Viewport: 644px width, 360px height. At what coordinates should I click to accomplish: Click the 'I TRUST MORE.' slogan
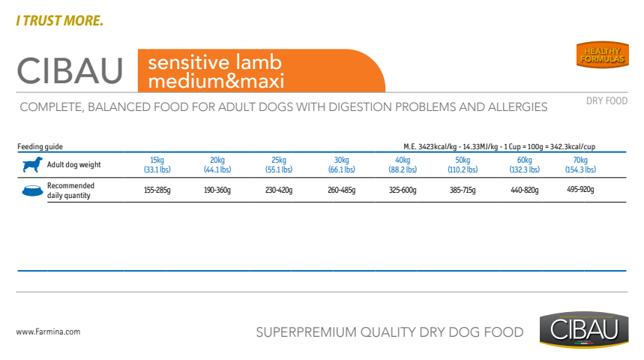pyautogui.click(x=59, y=20)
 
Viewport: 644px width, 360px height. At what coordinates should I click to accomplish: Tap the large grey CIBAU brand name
pyautogui.click(x=70, y=70)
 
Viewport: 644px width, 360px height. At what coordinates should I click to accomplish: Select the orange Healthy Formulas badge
pyautogui.click(x=602, y=55)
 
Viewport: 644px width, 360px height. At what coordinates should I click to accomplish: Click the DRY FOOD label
pyautogui.click(x=607, y=100)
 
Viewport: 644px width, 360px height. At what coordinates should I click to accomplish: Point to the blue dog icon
pyautogui.click(x=32, y=164)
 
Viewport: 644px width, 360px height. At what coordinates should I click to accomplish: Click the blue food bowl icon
pyautogui.click(x=32, y=190)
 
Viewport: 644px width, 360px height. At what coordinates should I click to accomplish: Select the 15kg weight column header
pyautogui.click(x=157, y=164)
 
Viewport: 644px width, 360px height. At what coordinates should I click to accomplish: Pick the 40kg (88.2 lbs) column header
pyautogui.click(x=403, y=164)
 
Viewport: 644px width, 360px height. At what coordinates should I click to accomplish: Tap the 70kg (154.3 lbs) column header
pyautogui.click(x=580, y=164)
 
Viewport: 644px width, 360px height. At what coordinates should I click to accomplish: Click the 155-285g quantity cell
pyautogui.click(x=157, y=190)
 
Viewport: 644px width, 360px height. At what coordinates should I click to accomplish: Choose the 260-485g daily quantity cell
pyautogui.click(x=341, y=190)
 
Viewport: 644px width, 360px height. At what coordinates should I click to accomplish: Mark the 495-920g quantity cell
pyautogui.click(x=580, y=189)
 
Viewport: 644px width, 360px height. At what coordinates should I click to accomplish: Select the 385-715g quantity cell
pyautogui.click(x=463, y=190)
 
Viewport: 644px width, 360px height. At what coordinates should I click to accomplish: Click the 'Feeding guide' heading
pyautogui.click(x=40, y=146)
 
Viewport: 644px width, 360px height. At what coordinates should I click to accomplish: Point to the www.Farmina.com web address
pyautogui.click(x=48, y=331)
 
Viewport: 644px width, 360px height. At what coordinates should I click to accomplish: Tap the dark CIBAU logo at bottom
pyautogui.click(x=584, y=329)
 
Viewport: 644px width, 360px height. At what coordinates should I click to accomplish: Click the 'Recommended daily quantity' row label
pyautogui.click(x=70, y=190)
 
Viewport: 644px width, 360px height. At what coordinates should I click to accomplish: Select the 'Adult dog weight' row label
pyautogui.click(x=74, y=164)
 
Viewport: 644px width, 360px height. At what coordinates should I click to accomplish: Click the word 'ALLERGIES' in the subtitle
pyautogui.click(x=517, y=106)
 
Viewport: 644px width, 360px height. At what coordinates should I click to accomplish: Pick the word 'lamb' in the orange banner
pyautogui.click(x=259, y=62)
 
